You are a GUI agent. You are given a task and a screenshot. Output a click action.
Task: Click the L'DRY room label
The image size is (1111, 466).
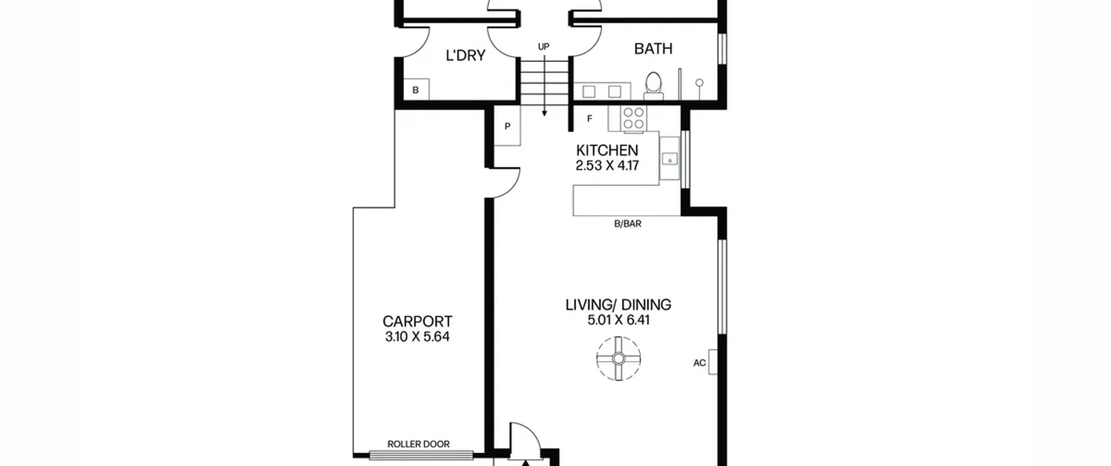coord(465,55)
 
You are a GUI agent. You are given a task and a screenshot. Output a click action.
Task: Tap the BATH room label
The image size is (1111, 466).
coord(653,49)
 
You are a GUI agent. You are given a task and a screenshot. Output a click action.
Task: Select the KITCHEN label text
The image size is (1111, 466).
coord(607,150)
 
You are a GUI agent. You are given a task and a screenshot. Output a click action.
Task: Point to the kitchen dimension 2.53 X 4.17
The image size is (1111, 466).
coord(607,166)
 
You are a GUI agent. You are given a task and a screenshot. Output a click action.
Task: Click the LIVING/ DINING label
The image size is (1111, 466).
coord(618,305)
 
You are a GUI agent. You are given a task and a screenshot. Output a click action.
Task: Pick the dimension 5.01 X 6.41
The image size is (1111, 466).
coord(618,320)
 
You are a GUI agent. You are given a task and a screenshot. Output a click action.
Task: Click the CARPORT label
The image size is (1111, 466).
coord(417,321)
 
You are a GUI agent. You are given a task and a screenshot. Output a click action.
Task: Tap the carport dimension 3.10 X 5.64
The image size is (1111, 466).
coord(417,336)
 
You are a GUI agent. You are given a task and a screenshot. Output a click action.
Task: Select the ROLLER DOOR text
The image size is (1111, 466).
coord(418,444)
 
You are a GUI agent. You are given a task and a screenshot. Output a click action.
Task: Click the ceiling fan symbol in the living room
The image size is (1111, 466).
coord(618,358)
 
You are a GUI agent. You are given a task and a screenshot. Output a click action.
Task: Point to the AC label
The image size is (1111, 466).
coord(699,363)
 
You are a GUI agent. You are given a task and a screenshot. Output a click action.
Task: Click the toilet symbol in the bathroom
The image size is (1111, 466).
coord(653,86)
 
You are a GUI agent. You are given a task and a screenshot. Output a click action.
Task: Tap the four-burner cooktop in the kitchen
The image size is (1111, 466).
coord(633,118)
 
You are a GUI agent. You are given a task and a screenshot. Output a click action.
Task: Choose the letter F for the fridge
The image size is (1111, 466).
coord(589,118)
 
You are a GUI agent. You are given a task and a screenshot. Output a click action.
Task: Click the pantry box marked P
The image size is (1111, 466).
coord(507,126)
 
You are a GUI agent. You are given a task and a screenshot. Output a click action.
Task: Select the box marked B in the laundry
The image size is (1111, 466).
coord(416,90)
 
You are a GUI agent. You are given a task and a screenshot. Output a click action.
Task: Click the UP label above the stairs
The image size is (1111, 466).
coord(543,46)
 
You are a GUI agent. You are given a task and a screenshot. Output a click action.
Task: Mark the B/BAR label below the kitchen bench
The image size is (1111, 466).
coord(628,224)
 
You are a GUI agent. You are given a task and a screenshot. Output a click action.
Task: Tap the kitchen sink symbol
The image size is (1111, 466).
coord(670,159)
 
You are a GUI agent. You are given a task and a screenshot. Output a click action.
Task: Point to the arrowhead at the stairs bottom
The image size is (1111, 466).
coord(544,114)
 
